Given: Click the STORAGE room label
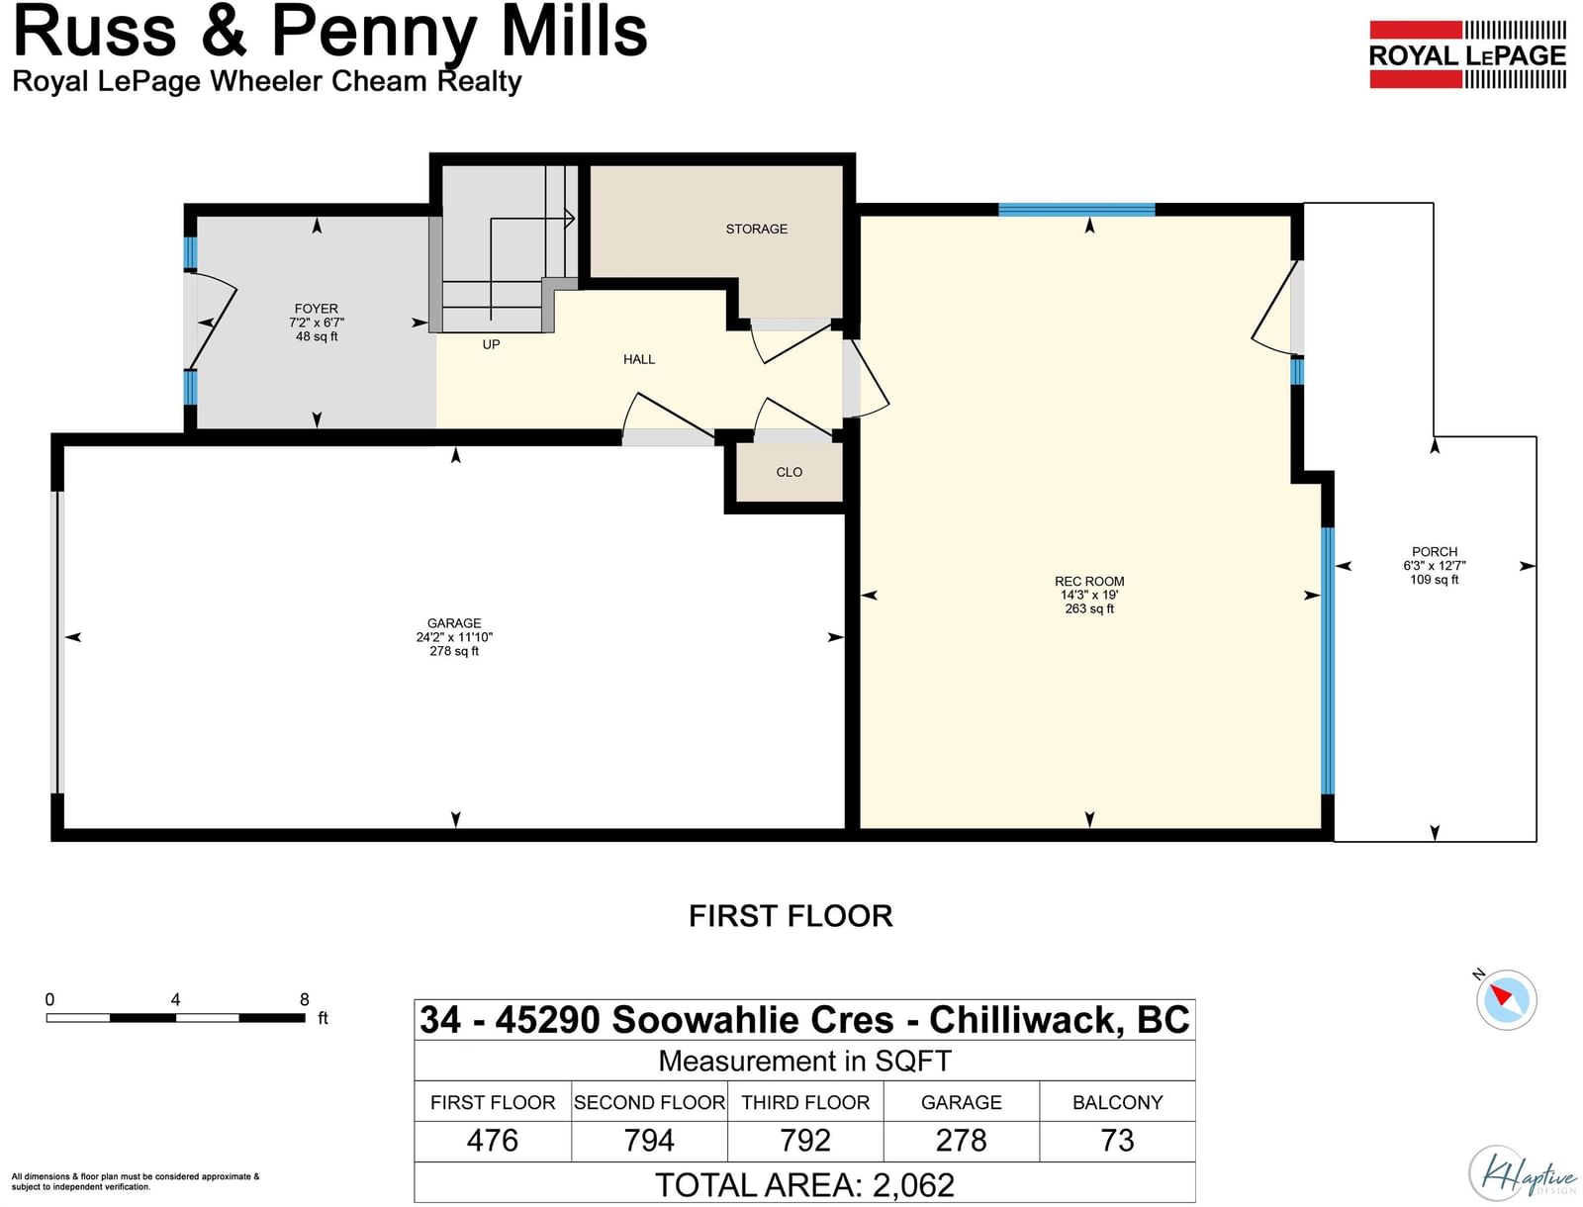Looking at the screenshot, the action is pyautogui.click(x=756, y=229).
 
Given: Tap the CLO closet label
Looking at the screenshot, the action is pyautogui.click(x=789, y=472).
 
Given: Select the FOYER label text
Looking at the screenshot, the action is pyautogui.click(x=316, y=308).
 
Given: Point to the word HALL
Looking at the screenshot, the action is pyautogui.click(x=639, y=359).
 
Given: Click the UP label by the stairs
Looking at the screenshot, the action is pyautogui.click(x=491, y=344).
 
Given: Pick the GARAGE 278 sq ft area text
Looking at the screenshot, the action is pyautogui.click(x=454, y=650).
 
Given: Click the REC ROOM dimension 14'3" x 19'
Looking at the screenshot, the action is pyautogui.click(x=1089, y=595).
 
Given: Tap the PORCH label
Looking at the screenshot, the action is pyautogui.click(x=1435, y=551).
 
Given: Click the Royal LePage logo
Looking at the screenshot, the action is pyautogui.click(x=1467, y=54).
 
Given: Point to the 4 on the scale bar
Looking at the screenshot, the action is pyautogui.click(x=175, y=999).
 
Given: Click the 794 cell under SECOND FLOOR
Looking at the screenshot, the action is pyautogui.click(x=649, y=1141).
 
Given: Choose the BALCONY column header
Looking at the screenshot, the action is pyautogui.click(x=1117, y=1102).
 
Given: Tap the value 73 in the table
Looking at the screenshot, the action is pyautogui.click(x=1117, y=1141).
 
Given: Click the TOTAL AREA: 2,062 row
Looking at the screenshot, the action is pyautogui.click(x=804, y=1184).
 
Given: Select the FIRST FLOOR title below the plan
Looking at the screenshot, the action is pyautogui.click(x=791, y=916).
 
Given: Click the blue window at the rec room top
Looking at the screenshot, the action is pyautogui.click(x=1076, y=210).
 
